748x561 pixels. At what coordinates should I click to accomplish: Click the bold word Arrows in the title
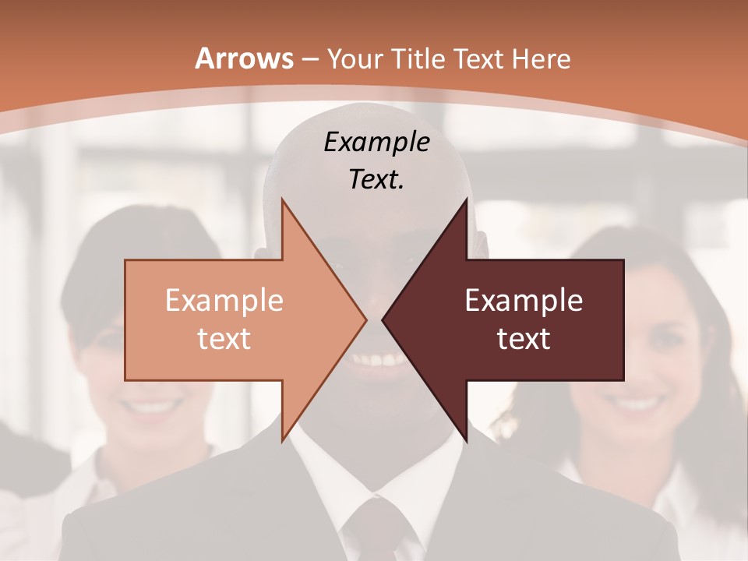(245, 58)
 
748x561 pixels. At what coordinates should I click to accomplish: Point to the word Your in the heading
(355, 59)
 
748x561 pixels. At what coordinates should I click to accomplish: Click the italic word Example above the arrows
(376, 142)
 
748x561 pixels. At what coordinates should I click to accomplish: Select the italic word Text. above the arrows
(376, 179)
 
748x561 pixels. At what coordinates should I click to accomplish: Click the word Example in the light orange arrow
(224, 300)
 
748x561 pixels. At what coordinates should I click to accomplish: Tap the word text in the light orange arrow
(224, 338)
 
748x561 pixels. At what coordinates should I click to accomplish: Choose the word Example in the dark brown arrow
(524, 300)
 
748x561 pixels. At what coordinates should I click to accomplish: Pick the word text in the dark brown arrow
(524, 338)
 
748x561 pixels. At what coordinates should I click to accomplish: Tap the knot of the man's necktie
(372, 520)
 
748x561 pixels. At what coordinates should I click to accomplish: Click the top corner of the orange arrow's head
(282, 201)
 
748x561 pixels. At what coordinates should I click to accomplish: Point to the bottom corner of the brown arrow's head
(466, 440)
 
